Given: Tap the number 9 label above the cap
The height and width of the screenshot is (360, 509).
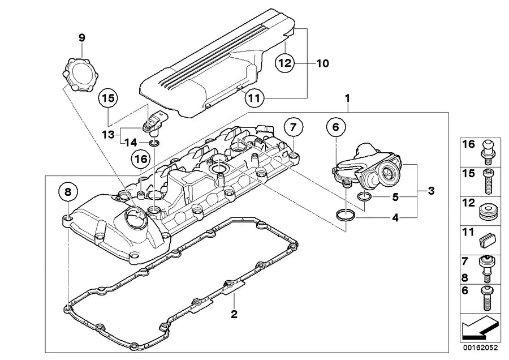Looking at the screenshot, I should [x=81, y=38].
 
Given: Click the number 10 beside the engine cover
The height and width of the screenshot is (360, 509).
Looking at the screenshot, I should [x=322, y=63].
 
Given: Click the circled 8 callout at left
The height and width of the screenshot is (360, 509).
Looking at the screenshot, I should [x=68, y=192].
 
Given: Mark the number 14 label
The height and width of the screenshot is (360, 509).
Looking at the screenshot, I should [x=130, y=142].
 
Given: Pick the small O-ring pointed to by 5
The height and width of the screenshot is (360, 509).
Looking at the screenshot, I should [x=364, y=196].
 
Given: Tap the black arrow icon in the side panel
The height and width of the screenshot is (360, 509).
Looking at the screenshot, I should [x=478, y=328].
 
